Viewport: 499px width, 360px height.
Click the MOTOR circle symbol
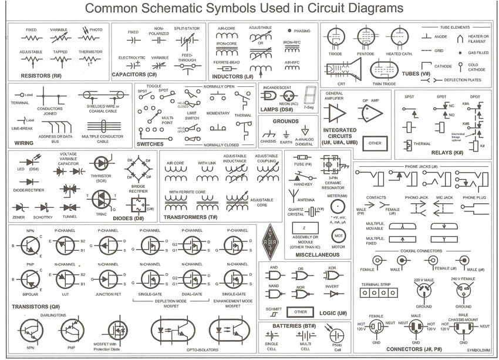click(338, 234)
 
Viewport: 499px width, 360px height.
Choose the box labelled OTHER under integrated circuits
click(375, 143)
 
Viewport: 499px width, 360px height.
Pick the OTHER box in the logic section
click(301, 311)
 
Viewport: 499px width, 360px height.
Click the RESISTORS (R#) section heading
click(41, 76)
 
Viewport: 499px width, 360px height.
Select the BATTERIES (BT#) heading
click(291, 325)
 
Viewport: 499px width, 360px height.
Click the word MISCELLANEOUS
click(318, 255)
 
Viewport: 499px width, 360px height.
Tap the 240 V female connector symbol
click(463, 290)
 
